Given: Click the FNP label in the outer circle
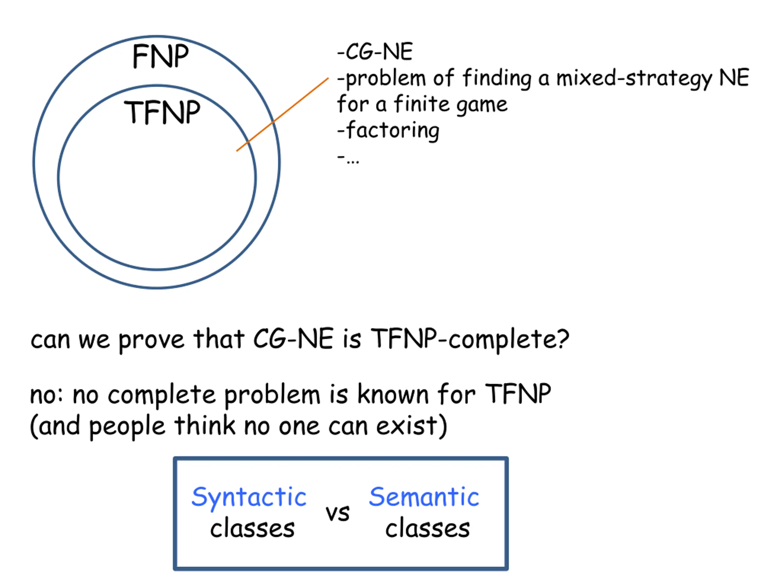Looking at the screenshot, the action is pyautogui.click(x=161, y=56).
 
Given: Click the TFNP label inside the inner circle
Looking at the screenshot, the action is pyautogui.click(x=162, y=112).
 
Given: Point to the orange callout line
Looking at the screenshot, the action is pyautogui.click(x=282, y=115).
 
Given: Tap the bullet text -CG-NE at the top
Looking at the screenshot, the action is pyautogui.click(x=375, y=52).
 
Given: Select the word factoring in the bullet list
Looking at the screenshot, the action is pyautogui.click(x=393, y=131).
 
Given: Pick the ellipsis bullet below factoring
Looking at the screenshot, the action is pyautogui.click(x=348, y=159).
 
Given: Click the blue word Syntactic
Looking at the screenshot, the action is pyautogui.click(x=249, y=498).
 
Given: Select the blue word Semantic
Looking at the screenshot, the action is pyautogui.click(x=424, y=497).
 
